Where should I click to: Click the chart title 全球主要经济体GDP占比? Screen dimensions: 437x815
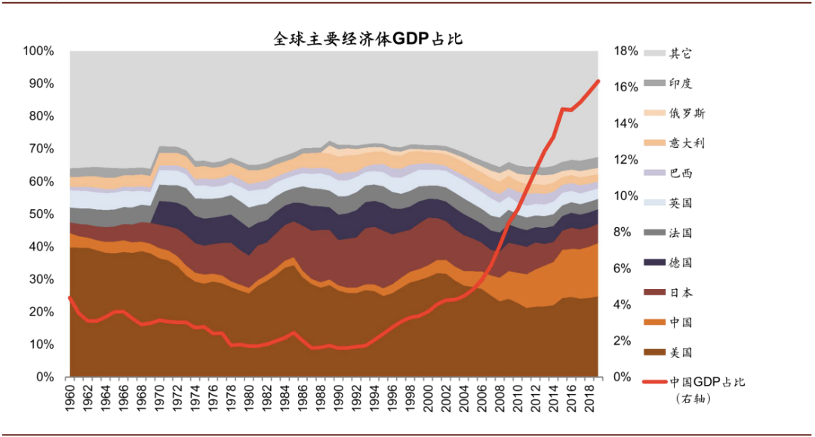(368, 39)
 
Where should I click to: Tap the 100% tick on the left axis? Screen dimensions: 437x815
(38, 51)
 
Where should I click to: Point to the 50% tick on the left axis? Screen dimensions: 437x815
(42, 214)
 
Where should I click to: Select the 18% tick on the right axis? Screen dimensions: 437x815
(626, 51)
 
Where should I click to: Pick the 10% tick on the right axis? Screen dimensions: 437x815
(626, 196)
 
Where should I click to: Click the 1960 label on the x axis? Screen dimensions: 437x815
(70, 397)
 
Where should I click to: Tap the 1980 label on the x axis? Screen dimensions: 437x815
(248, 397)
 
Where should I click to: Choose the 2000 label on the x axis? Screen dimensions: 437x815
(429, 397)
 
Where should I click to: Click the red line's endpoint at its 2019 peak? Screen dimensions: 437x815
(598, 81)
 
